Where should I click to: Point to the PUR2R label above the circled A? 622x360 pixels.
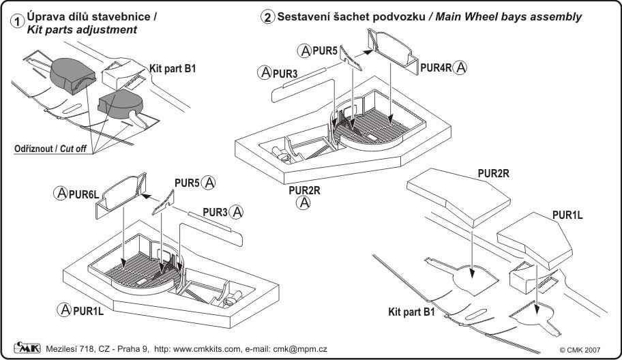pyautogui.click(x=304, y=190)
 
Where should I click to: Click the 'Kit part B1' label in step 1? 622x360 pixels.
pyautogui.click(x=172, y=69)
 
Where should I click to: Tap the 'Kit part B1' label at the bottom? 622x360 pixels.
pyautogui.click(x=411, y=312)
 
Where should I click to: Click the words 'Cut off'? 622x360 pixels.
pyautogui.click(x=71, y=149)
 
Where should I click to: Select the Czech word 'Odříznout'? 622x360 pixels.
pyautogui.click(x=33, y=149)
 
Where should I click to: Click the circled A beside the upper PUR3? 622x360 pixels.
pyautogui.click(x=264, y=72)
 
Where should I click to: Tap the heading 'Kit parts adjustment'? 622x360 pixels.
pyautogui.click(x=80, y=31)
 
